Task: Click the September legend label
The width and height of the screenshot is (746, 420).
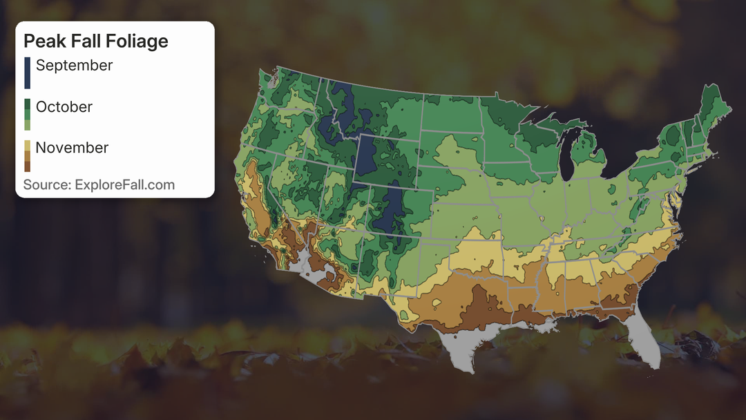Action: point(74,66)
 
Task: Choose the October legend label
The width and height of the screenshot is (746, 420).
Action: point(64,107)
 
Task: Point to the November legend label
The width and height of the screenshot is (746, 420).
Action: point(72,148)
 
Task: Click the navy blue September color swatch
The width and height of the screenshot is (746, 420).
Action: point(27,73)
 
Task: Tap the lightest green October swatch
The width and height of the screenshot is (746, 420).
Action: point(27,125)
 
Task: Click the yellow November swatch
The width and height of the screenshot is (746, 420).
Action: point(27,146)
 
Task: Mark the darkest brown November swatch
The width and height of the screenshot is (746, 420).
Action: point(27,166)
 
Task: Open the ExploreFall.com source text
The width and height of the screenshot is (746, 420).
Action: point(128,185)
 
